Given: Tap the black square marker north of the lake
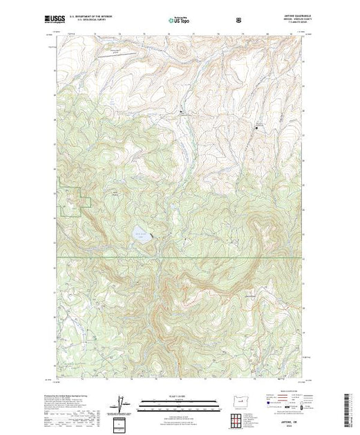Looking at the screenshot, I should [x=182, y=112].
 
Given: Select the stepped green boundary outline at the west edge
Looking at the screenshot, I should [x=76, y=200].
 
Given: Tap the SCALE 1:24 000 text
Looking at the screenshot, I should [x=180, y=395].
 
